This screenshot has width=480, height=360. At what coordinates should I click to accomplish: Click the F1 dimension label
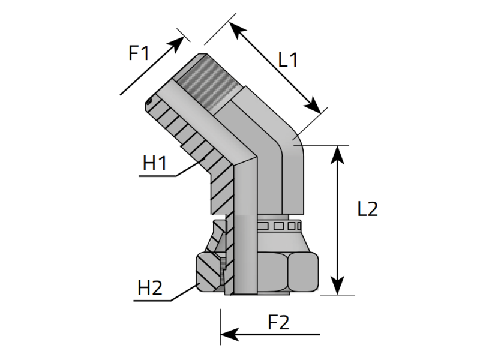tap(139, 53)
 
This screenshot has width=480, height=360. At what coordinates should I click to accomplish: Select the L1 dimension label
tap(288, 59)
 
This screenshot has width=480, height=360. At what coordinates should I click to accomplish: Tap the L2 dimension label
tap(368, 209)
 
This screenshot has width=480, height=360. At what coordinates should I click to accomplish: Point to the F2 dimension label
tap(278, 322)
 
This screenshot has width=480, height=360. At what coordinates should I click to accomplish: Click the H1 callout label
tap(155, 163)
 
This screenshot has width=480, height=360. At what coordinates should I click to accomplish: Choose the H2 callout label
tap(149, 288)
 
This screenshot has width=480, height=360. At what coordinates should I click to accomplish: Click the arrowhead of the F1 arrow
tap(178, 43)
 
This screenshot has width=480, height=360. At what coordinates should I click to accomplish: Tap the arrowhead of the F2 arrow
tap(229, 334)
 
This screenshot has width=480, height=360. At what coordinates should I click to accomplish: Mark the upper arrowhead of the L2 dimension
tap(337, 155)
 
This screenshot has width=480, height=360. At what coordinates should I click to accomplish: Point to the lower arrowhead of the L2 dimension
tap(337, 286)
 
